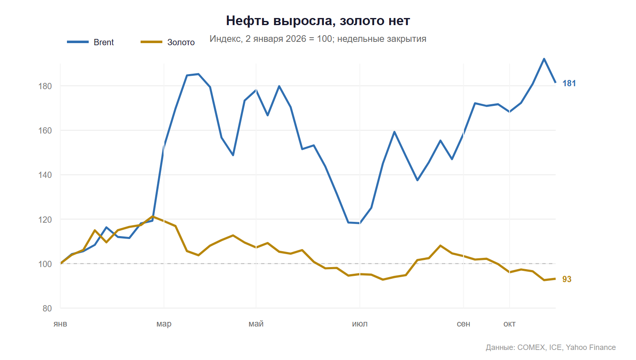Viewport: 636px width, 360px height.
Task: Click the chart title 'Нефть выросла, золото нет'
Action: [318, 21]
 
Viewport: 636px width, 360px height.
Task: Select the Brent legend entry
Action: [90, 42]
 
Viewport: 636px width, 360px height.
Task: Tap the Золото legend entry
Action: [167, 42]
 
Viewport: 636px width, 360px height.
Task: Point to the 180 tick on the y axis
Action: [45, 86]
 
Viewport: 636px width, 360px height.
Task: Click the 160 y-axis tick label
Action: [45, 131]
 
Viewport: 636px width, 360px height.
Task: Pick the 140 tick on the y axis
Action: [45, 175]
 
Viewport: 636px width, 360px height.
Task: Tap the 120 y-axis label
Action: [45, 219]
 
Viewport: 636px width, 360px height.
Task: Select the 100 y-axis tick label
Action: [45, 264]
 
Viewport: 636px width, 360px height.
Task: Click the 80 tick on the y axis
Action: [47, 308]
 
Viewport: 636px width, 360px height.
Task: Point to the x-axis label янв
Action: [60, 324]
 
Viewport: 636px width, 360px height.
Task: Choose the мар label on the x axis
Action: [164, 324]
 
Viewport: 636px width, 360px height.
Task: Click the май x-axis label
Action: [256, 324]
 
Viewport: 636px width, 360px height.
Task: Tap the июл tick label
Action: [360, 324]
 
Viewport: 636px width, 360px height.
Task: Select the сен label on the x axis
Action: [463, 324]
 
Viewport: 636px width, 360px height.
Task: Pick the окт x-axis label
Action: [509, 324]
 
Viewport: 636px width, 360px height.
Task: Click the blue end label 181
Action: [569, 83]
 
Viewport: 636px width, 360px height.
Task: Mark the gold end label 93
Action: [567, 279]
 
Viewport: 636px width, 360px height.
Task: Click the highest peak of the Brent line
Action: [544, 59]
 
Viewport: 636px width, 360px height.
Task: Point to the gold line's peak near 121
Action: [152, 216]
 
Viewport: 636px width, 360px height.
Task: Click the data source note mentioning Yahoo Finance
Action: [551, 347]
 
